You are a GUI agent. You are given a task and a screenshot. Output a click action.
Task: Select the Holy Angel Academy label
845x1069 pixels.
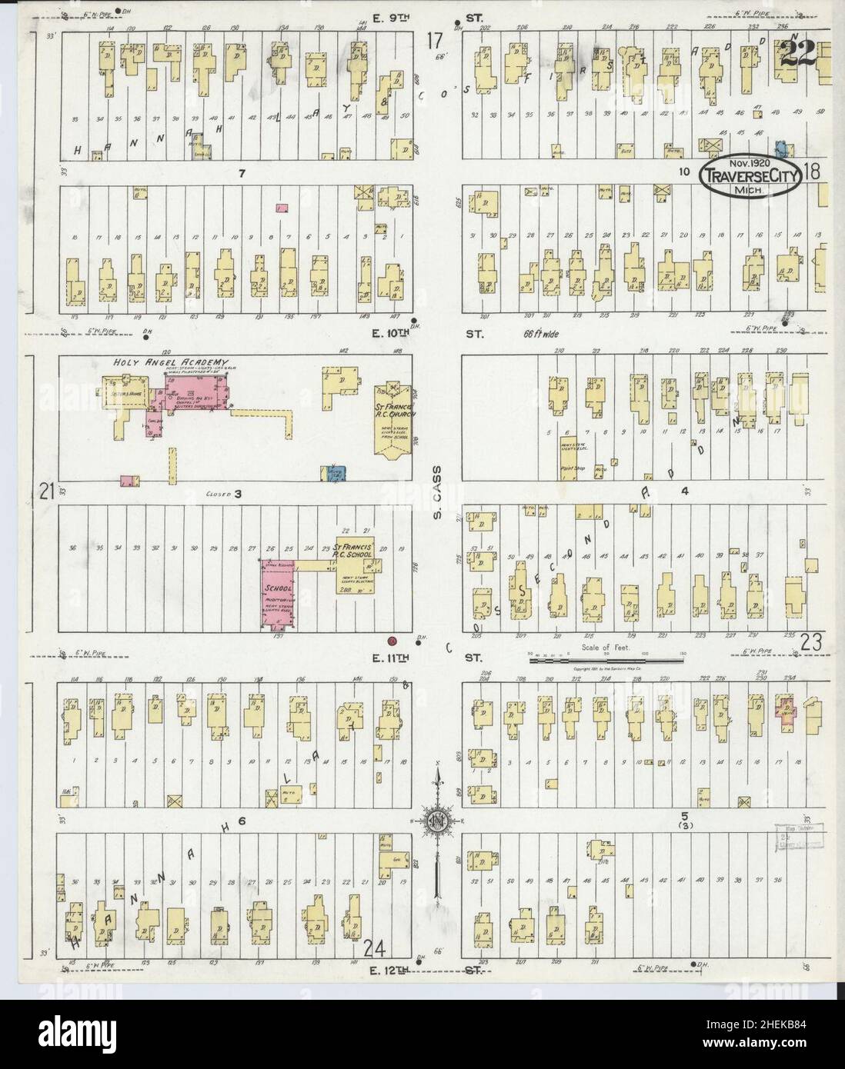point(171,362)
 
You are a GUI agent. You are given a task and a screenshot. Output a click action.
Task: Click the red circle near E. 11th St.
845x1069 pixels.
point(392,640)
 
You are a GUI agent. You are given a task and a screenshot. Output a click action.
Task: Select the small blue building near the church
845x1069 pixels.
point(334,475)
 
